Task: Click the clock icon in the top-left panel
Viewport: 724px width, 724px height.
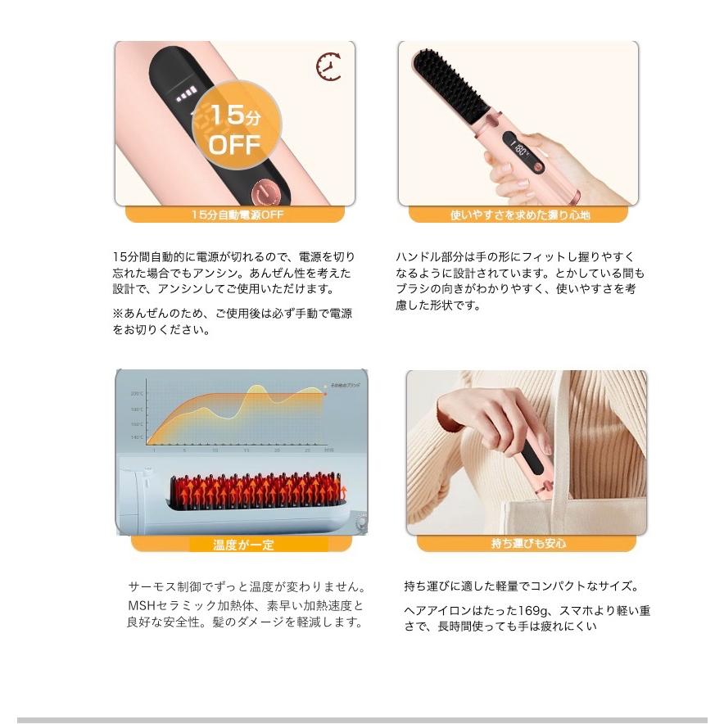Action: [329, 67]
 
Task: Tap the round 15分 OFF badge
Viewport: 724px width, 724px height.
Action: [236, 129]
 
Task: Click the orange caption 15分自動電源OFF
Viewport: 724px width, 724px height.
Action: [238, 215]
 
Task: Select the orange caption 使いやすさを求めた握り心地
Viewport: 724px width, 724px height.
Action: [519, 215]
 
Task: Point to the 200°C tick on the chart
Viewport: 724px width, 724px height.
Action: [136, 394]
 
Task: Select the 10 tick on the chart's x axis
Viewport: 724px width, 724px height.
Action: [215, 450]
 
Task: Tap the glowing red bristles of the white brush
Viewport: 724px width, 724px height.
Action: [258, 490]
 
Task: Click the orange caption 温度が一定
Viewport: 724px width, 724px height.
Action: [243, 545]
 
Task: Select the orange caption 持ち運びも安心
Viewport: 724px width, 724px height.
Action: [528, 544]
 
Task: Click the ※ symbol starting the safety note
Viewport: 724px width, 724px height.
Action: [118, 314]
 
